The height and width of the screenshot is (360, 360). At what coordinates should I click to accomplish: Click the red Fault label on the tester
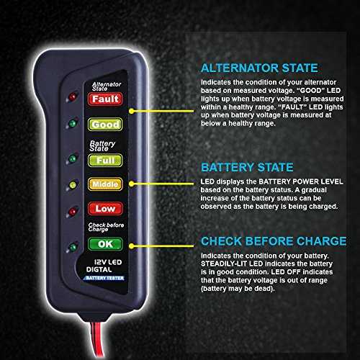[x=105, y=99]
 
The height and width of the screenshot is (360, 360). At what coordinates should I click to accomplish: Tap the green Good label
[x=105, y=125]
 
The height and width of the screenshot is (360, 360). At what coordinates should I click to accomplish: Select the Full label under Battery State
[x=105, y=161]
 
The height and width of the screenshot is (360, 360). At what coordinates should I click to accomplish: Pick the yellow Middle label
[x=105, y=184]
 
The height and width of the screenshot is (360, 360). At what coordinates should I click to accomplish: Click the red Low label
[x=105, y=209]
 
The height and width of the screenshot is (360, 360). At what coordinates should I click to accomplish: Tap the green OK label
[x=105, y=244]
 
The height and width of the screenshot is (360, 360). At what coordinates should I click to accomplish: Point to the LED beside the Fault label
[x=72, y=97]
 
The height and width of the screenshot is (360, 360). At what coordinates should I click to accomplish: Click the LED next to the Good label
[x=72, y=123]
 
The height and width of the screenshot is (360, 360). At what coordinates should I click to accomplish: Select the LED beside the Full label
[x=72, y=158]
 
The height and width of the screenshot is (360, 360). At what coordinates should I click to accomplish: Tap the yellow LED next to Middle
[x=73, y=185]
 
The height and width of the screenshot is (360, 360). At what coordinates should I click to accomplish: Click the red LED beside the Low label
[x=73, y=212]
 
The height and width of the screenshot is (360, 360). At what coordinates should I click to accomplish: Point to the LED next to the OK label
[x=73, y=247]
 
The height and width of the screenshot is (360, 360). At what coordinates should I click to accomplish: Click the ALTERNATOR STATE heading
[x=259, y=68]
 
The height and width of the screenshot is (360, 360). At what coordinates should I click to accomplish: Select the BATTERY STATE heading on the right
[x=247, y=167]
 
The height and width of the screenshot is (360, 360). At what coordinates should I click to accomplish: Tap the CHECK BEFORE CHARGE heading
[x=274, y=241]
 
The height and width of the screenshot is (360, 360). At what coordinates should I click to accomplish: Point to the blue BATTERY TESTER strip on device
[x=104, y=278]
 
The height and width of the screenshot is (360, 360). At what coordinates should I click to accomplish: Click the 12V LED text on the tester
[x=108, y=262]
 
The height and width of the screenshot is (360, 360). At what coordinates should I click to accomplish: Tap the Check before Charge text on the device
[x=106, y=227]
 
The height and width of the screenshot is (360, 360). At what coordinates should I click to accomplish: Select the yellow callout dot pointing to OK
[x=131, y=246]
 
